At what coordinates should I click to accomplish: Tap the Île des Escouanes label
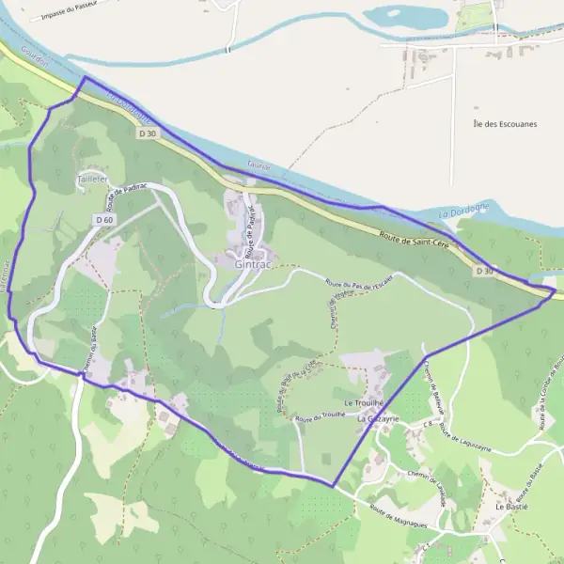506,124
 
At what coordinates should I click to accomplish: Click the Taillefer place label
91,177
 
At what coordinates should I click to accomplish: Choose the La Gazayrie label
379,418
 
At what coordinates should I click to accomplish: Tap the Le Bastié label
511,506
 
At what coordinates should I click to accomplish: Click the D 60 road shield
104,219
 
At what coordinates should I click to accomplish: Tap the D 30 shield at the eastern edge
483,271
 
